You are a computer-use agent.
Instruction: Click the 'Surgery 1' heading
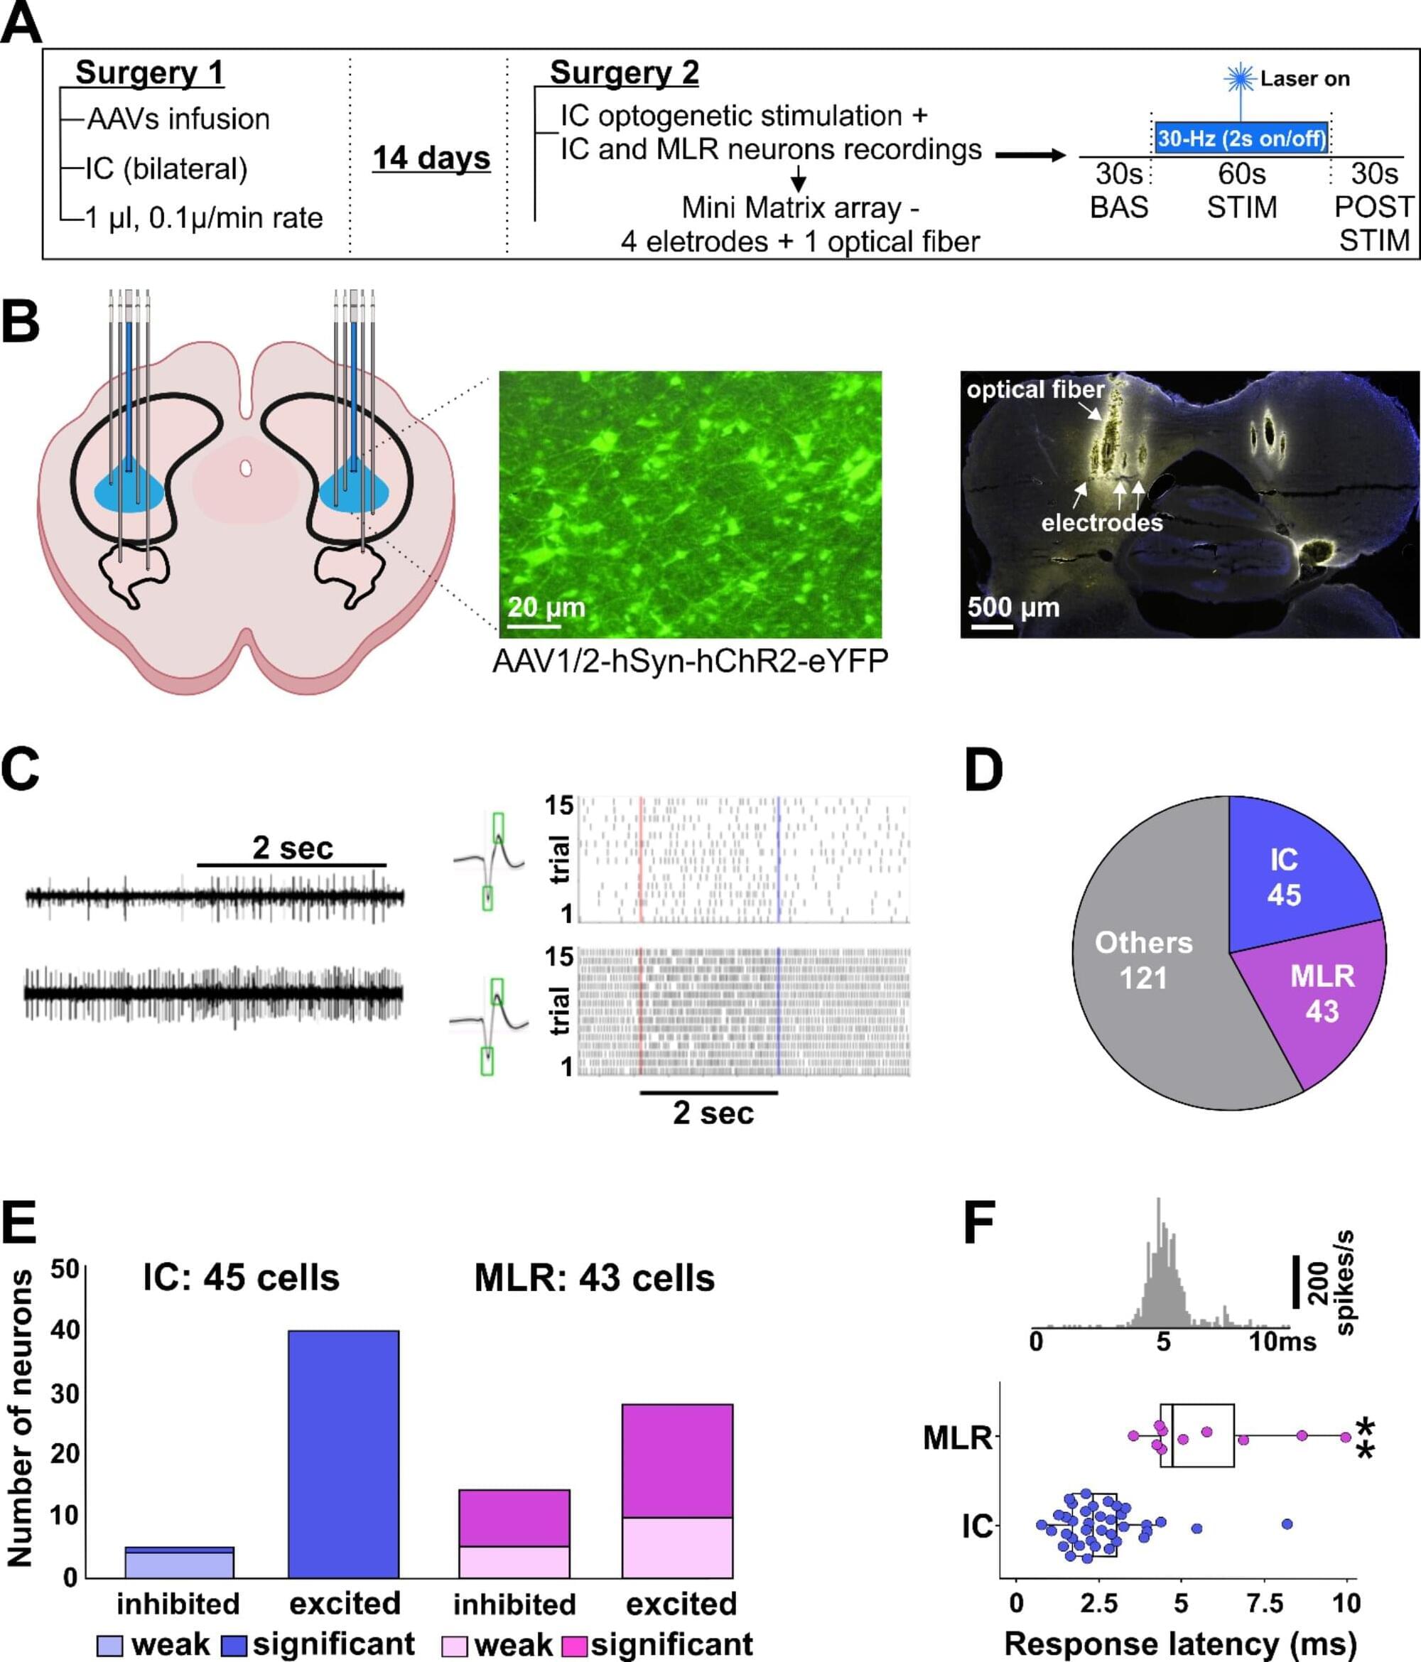pyautogui.click(x=149, y=73)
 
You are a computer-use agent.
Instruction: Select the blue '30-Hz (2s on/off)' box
pyautogui.click(x=1241, y=138)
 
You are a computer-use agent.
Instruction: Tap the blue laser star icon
pyautogui.click(x=1240, y=79)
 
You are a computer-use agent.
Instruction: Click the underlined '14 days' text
pyautogui.click(x=431, y=158)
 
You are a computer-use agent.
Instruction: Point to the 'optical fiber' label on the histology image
pyautogui.click(x=1035, y=390)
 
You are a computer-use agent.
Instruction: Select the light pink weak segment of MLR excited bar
pyautogui.click(x=678, y=1548)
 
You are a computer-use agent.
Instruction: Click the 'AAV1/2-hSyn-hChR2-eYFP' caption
pyautogui.click(x=690, y=662)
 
